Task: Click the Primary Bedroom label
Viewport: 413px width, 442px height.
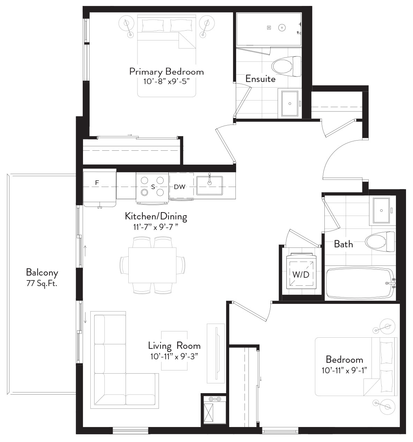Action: pyautogui.click(x=166, y=72)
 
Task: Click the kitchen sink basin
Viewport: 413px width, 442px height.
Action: pyautogui.click(x=209, y=186)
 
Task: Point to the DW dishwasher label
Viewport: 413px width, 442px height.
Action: pyautogui.click(x=179, y=187)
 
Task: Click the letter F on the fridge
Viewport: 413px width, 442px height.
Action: pyautogui.click(x=97, y=183)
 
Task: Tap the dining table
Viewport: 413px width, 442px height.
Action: pyautogui.click(x=152, y=265)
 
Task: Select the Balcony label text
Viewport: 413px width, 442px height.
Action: pyautogui.click(x=42, y=272)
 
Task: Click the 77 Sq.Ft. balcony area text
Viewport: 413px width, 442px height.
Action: pyautogui.click(x=42, y=284)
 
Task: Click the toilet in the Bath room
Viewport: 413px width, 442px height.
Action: pyautogui.click(x=380, y=241)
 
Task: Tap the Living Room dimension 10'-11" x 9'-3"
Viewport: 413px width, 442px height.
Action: pyautogui.click(x=174, y=357)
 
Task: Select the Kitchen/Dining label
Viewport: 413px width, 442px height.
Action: pyautogui.click(x=156, y=216)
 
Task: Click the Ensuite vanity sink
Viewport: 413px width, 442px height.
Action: pyautogui.click(x=290, y=104)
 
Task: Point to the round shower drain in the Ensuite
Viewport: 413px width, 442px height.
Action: pyautogui.click(x=282, y=28)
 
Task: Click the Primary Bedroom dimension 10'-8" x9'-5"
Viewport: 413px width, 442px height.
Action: pyautogui.click(x=166, y=82)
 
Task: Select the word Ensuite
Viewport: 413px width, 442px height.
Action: pyautogui.click(x=261, y=79)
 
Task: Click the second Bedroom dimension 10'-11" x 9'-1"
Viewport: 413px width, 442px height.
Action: pyautogui.click(x=344, y=370)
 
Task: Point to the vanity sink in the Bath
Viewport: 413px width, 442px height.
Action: pyautogui.click(x=381, y=211)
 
